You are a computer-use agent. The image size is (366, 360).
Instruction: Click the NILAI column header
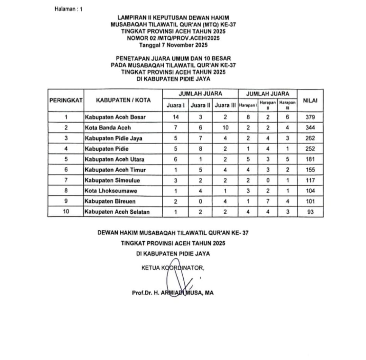(310, 100)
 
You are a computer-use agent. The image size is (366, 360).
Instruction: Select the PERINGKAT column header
(66, 100)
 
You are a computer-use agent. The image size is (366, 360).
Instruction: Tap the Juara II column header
(200, 105)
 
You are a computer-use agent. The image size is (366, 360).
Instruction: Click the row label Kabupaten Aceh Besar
(115, 117)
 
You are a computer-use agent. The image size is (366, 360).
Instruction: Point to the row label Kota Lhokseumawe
(111, 191)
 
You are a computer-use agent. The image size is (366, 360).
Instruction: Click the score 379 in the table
(310, 117)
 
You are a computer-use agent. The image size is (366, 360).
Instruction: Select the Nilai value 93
(310, 212)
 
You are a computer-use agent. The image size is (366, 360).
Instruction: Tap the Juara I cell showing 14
(175, 117)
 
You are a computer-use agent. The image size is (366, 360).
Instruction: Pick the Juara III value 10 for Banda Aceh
(225, 128)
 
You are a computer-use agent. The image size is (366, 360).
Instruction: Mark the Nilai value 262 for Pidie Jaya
(310, 138)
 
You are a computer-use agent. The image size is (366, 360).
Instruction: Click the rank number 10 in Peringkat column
(66, 212)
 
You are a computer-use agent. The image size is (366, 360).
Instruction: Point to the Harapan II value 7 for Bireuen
(268, 201)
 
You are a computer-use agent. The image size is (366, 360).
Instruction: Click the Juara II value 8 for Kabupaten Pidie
(200, 149)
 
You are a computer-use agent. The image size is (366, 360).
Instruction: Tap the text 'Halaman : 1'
(68, 9)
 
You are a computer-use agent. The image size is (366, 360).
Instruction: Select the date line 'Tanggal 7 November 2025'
(173, 45)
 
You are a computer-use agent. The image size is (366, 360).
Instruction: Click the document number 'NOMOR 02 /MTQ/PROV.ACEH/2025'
(173, 38)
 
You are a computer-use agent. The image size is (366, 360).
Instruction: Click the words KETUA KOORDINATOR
(173, 268)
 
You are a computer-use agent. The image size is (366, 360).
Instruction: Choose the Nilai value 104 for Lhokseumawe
(310, 191)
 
